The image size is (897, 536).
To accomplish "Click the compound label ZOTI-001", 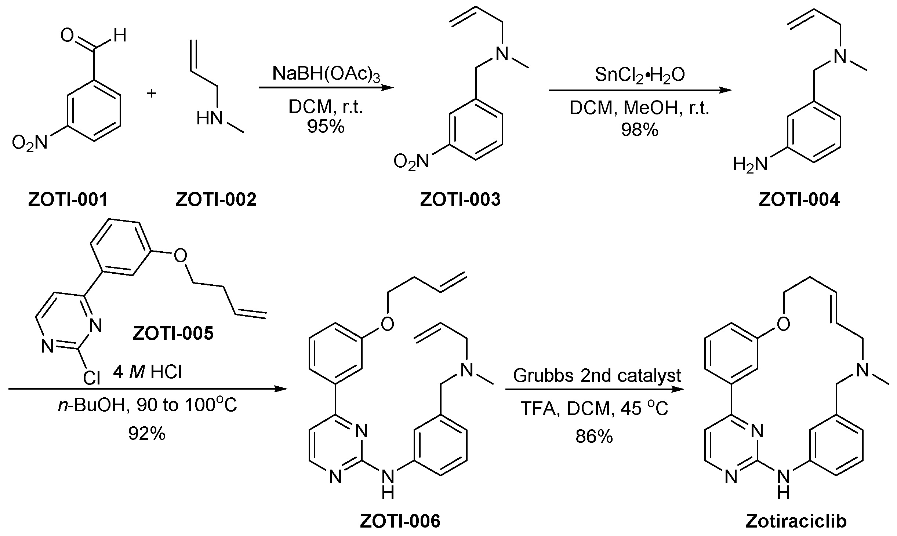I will [68, 200].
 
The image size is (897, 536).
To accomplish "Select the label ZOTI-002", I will [216, 200].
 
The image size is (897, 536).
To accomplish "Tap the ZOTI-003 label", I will [460, 200].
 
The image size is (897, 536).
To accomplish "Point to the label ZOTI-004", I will [799, 200].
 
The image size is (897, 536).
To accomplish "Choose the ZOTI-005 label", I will [173, 334].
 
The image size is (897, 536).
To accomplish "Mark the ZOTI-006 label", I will [400, 521].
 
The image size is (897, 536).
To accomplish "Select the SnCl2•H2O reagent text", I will [640, 75].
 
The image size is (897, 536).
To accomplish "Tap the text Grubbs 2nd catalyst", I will [597, 375].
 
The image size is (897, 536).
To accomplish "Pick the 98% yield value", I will [640, 130].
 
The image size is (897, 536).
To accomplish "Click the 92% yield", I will [147, 434].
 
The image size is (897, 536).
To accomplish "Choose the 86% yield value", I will [594, 437].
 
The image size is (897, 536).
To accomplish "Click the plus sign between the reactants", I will [152, 94].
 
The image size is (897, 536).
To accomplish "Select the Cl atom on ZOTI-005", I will [91, 378].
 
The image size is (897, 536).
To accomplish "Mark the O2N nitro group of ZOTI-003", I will [411, 162].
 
